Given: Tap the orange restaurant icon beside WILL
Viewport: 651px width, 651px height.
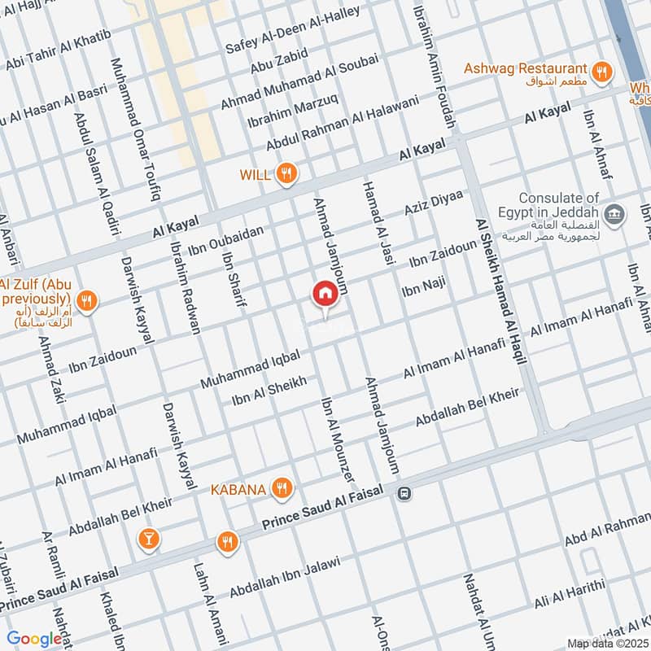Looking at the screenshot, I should [x=286, y=173].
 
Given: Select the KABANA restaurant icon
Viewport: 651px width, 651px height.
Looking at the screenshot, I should [x=282, y=488].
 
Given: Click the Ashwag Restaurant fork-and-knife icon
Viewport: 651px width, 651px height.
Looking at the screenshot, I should [x=602, y=72].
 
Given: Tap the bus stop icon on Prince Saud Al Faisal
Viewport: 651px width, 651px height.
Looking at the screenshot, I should [x=404, y=493].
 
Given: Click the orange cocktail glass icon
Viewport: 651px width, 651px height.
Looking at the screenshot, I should [x=148, y=538].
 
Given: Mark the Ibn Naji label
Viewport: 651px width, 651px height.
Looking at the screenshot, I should [x=424, y=288].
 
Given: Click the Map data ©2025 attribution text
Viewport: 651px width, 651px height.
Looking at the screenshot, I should [x=606, y=643].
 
